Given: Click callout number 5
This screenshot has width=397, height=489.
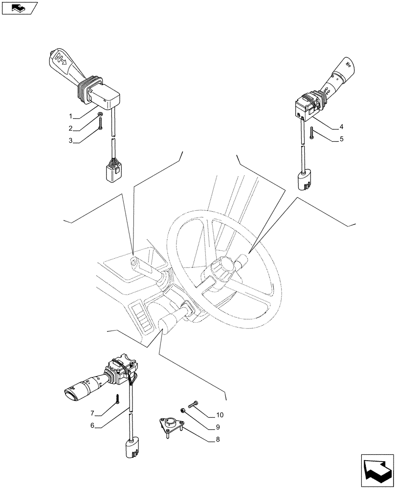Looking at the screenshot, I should (341, 139).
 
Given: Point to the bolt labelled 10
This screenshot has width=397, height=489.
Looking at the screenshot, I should (192, 404).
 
